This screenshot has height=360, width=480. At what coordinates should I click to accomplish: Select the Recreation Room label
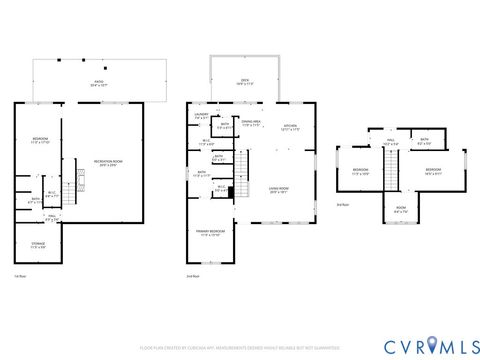click(107, 161)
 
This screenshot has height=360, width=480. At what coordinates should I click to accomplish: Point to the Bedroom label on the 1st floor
click(39, 140)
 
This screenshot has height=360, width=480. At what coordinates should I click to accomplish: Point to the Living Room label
click(278, 189)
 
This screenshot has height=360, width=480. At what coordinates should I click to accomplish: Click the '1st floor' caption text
click(20, 276)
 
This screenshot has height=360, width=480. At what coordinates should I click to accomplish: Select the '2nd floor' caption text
click(193, 276)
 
